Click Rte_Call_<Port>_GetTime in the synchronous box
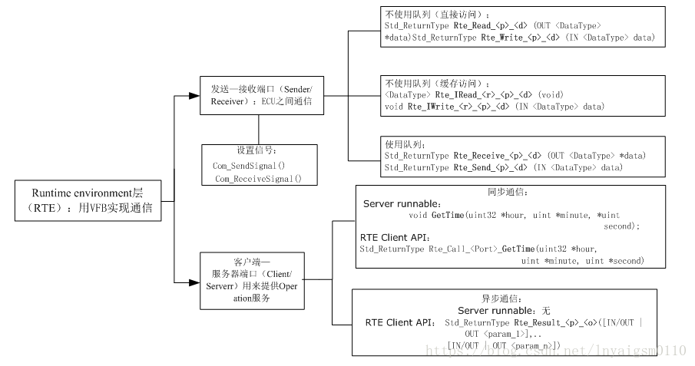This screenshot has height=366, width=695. click(480, 249)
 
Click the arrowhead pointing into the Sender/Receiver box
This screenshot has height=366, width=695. click(194, 97)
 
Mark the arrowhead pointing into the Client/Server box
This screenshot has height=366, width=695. click(194, 282)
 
